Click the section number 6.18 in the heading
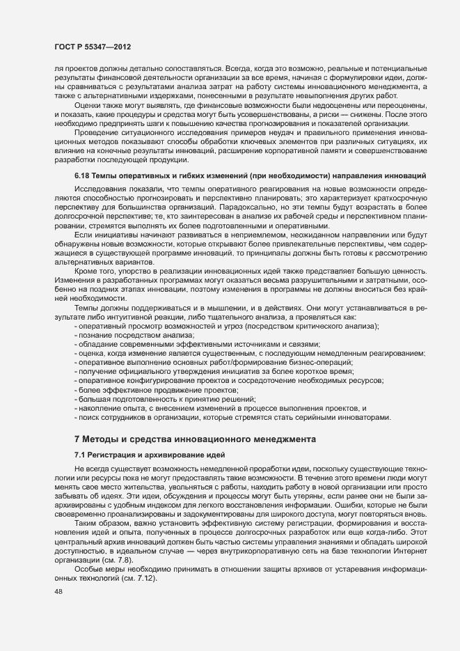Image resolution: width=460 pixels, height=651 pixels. [x=82, y=173]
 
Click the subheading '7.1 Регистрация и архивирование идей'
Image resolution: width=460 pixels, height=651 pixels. [x=137, y=454]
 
